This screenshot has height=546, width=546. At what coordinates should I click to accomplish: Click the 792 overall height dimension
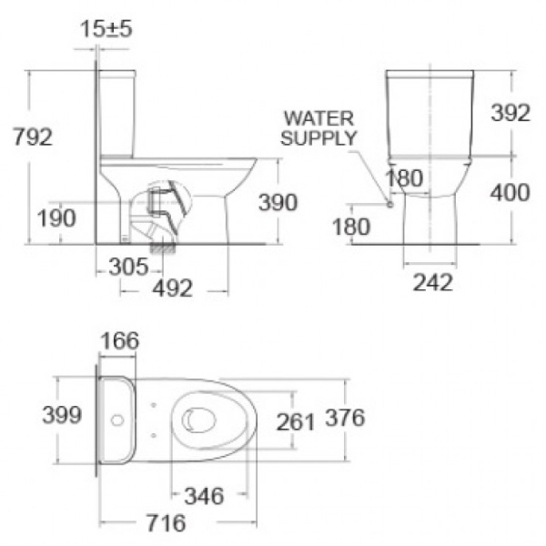point(33,138)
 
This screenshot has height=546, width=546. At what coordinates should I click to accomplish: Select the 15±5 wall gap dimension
point(106,28)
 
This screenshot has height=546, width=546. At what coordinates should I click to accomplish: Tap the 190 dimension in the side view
point(57,218)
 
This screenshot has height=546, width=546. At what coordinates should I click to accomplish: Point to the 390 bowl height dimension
point(278,202)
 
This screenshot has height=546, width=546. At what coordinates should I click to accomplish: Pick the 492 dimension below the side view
point(172,288)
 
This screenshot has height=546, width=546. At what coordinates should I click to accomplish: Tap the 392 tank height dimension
point(510,114)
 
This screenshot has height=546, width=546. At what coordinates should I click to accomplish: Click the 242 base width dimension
point(433,282)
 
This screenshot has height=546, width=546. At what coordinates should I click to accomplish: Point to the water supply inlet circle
point(390,204)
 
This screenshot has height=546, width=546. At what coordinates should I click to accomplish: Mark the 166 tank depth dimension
point(118,341)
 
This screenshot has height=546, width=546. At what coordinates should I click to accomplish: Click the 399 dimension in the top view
point(63,415)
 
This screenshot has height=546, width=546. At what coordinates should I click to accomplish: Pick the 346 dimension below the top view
point(205,496)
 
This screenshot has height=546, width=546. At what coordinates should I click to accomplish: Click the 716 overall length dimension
point(165,523)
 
